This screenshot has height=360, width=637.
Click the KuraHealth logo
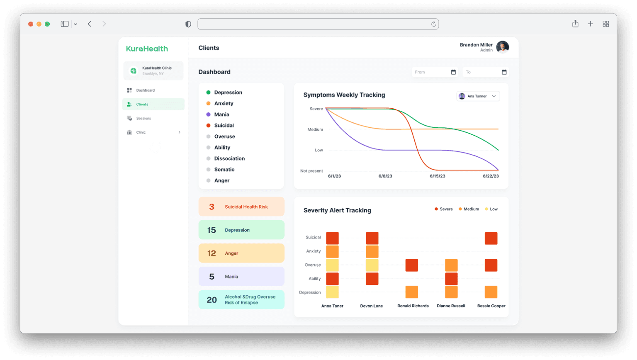point(147,49)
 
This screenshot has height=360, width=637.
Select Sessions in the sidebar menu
point(143,119)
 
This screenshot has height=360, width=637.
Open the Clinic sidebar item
point(141,133)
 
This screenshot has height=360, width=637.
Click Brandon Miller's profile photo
point(502,47)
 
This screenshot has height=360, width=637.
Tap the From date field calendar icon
point(453,72)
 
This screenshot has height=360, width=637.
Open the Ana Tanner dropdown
point(478,96)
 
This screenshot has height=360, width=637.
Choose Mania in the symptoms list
point(221,114)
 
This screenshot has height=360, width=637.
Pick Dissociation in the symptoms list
point(229,158)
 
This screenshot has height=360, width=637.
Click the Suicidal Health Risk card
point(241,207)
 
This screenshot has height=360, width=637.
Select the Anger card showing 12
point(241,253)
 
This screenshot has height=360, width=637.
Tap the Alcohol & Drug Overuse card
point(241,299)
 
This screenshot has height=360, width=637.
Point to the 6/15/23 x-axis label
point(437,176)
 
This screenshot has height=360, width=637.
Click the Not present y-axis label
point(311,171)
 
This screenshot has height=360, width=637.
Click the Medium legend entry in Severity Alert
point(469,209)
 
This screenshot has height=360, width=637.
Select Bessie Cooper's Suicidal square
point(491,238)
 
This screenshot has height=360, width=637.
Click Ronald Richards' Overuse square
point(411,265)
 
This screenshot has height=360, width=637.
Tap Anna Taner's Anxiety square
point(332,251)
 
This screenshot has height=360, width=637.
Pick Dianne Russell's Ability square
point(451,279)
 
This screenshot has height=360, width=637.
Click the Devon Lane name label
point(371,306)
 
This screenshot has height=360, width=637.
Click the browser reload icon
point(433,24)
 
